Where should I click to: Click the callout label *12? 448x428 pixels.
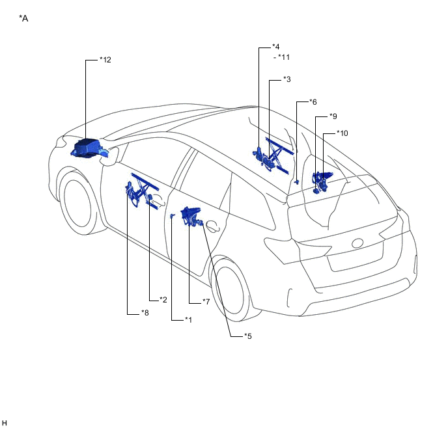(x=105, y=60)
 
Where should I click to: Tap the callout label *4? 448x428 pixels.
(x=276, y=47)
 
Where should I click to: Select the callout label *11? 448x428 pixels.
(x=284, y=57)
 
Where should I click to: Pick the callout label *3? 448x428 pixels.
(x=287, y=79)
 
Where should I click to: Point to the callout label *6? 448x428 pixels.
(x=313, y=102)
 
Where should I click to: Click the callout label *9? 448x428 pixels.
(x=333, y=116)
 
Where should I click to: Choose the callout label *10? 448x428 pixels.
(x=343, y=133)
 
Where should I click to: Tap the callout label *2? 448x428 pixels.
(x=163, y=300)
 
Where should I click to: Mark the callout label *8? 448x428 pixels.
(x=145, y=313)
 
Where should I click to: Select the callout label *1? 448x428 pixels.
(x=188, y=319)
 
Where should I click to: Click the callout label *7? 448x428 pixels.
(x=205, y=302)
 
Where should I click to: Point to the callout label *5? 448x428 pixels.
(x=247, y=336)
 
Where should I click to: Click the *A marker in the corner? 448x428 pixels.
(x=24, y=18)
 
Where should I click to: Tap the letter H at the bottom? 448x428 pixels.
(x=5, y=423)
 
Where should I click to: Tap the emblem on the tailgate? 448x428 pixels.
(x=357, y=243)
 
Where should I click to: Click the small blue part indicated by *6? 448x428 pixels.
(x=296, y=182)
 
